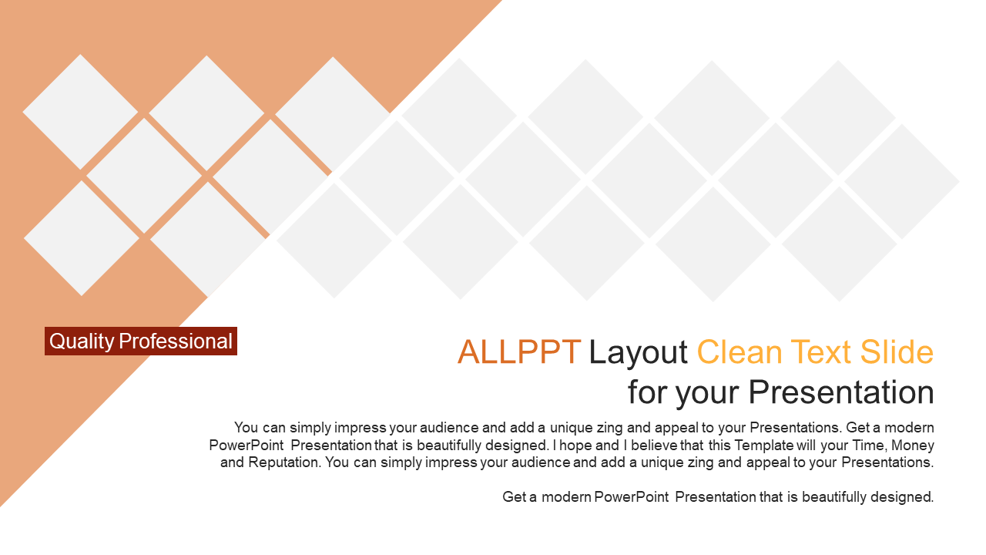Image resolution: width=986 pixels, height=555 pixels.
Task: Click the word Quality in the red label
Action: (82, 341)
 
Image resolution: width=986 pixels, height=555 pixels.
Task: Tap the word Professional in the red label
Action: (176, 341)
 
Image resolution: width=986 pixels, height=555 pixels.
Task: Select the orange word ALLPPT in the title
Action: (519, 352)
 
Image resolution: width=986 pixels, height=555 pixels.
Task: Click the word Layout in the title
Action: (639, 353)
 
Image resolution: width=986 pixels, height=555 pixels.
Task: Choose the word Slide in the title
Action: (897, 352)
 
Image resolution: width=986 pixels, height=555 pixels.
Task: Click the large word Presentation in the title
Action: (841, 392)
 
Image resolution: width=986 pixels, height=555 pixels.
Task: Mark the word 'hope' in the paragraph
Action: (575, 446)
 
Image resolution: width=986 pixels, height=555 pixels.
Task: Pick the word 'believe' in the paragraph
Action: (655, 446)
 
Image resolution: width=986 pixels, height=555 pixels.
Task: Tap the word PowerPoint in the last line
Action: (631, 497)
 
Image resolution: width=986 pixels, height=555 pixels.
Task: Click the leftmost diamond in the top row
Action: (80, 112)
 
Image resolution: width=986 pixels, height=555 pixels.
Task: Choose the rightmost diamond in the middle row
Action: (901, 181)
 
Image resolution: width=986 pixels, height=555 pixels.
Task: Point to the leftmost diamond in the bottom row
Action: (82, 238)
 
